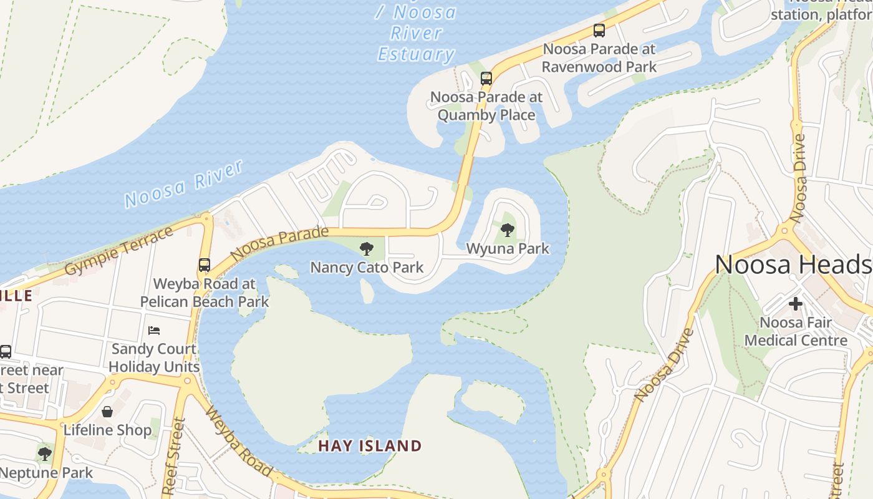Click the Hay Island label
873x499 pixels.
[x=370, y=446]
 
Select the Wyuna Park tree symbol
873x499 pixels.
[x=508, y=230]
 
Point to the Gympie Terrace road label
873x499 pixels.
[x=119, y=251]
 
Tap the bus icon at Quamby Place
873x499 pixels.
[x=486, y=79]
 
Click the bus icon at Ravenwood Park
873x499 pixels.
[x=599, y=30]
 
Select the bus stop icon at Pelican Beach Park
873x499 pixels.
[x=205, y=264]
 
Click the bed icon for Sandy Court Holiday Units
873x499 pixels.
[x=154, y=330]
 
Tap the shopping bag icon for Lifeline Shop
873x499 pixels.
[x=107, y=412]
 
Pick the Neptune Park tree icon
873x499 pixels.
[x=44, y=453]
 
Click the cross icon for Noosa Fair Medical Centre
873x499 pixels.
[x=796, y=304]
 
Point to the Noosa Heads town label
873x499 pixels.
[x=793, y=264]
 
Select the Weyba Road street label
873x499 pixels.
[x=239, y=441]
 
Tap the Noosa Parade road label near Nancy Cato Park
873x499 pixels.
[x=279, y=243]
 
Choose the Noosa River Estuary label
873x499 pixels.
[x=417, y=33]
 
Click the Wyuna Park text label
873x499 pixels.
[x=508, y=249]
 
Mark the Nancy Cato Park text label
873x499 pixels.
[x=367, y=268]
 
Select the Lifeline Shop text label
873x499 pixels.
[x=107, y=430]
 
